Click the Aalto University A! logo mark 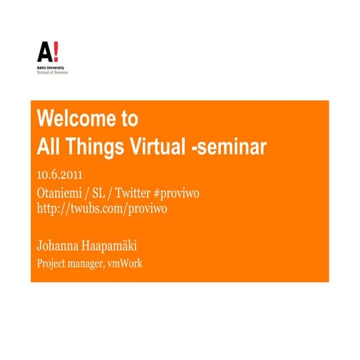point(48,52)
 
